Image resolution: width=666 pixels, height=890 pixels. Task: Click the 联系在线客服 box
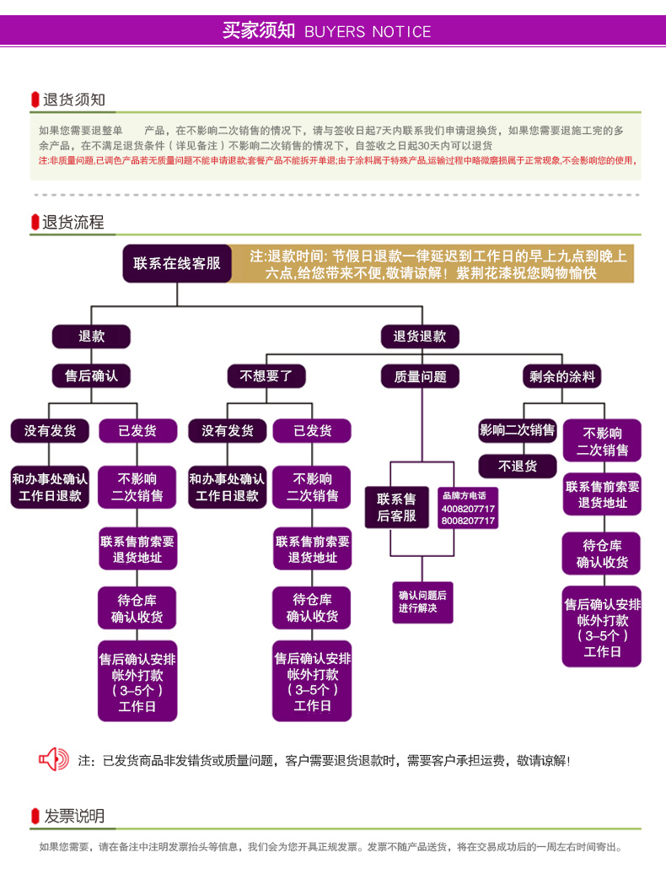point(176,264)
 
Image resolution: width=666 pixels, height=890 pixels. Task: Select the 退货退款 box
point(420,337)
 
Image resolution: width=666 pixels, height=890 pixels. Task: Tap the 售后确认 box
point(91,376)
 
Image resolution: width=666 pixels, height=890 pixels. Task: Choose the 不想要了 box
point(266,376)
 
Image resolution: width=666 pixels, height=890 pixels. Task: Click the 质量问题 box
point(420,376)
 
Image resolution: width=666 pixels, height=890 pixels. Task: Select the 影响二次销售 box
point(517,430)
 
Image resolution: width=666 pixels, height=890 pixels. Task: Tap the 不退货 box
point(517,466)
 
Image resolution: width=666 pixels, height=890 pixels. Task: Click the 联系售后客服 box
point(396,508)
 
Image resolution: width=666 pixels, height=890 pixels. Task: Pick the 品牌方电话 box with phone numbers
point(468,509)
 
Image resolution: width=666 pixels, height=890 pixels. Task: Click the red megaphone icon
point(54,759)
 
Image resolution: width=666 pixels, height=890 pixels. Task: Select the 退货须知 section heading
point(73,100)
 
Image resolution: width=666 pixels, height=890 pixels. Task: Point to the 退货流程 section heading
point(73,223)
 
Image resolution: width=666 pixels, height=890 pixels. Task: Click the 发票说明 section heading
point(73,816)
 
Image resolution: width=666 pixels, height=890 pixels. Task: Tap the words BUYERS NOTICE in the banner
point(368,32)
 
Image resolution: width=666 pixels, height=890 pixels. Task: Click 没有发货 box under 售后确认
point(50,430)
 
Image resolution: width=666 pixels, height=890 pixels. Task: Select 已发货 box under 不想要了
point(312,430)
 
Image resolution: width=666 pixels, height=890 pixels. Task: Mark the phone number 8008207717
point(468,521)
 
